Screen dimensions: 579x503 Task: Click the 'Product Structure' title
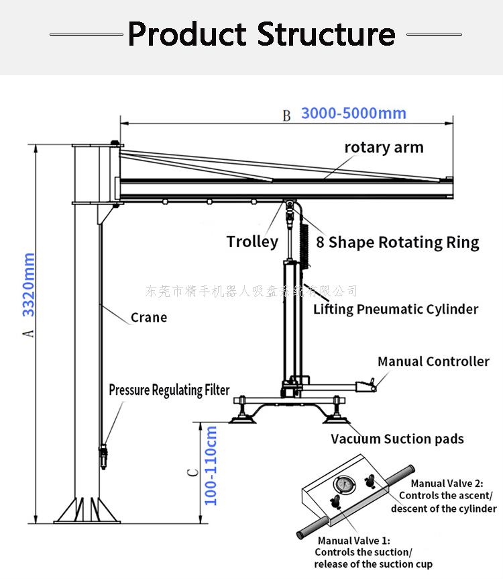click(x=261, y=33)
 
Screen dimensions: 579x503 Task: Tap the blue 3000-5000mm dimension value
click(x=353, y=113)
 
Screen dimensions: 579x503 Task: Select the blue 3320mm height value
click(x=29, y=285)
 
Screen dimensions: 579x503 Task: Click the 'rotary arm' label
click(x=384, y=147)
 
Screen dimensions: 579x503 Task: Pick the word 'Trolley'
click(x=252, y=242)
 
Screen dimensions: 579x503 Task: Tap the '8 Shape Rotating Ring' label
click(x=398, y=242)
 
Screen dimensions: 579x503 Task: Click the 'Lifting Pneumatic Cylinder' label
click(x=396, y=309)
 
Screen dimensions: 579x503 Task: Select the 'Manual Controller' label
click(x=433, y=361)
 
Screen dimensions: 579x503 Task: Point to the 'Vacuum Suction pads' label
click(x=397, y=439)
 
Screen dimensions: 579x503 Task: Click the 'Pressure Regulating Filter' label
click(x=169, y=390)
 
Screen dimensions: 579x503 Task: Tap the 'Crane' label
click(x=149, y=317)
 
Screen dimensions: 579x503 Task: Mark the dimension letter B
click(x=286, y=116)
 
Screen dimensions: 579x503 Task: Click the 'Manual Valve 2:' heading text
click(x=447, y=483)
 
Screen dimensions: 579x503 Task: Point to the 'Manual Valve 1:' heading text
click(x=353, y=541)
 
